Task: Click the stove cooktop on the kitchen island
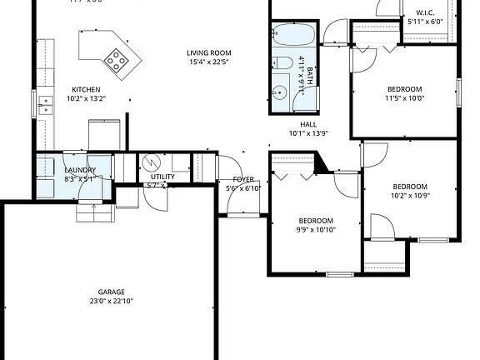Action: point(116,57)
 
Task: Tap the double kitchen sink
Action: point(43,105)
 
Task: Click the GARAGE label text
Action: point(111,292)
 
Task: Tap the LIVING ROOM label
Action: point(207,53)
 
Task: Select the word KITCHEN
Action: point(86,90)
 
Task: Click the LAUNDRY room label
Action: point(80,170)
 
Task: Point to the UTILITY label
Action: point(162,177)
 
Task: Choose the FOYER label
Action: point(243,179)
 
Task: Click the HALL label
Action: point(308,123)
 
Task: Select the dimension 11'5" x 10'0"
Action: point(404,98)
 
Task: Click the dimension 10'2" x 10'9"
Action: point(410,196)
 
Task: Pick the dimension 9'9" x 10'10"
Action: point(316,230)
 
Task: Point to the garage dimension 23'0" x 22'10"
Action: point(111,302)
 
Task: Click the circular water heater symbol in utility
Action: point(151,162)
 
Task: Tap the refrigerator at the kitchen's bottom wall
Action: point(104,134)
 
